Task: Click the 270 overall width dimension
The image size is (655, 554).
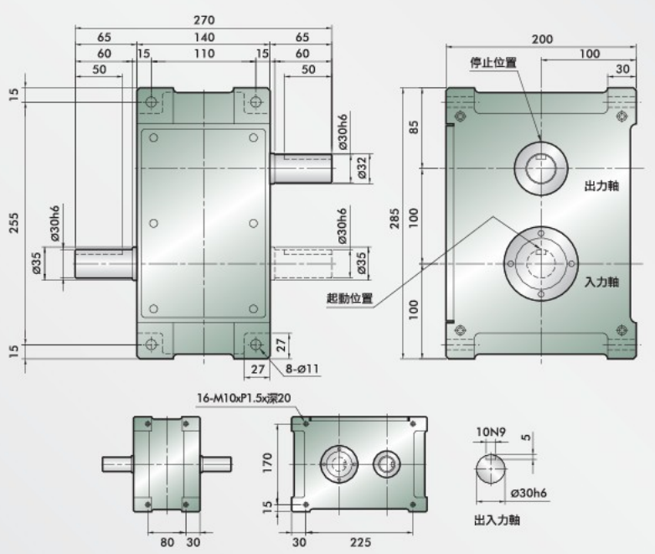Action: coord(204,19)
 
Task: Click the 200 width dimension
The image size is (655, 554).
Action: coord(541,39)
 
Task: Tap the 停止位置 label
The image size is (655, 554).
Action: coord(493,62)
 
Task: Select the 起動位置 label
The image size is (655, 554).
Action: coord(350,297)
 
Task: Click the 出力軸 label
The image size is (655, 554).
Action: coord(601,185)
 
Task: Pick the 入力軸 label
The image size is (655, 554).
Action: coord(601,282)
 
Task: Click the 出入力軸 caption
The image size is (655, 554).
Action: coord(497,520)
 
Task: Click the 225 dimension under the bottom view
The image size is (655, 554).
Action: coord(361,542)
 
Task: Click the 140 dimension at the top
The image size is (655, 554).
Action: coord(204,37)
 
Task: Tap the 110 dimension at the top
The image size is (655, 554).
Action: coord(204,54)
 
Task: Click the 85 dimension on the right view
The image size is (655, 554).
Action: coord(412,128)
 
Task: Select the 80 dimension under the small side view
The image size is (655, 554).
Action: coord(167,542)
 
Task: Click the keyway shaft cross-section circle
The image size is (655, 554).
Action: coord(492,468)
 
